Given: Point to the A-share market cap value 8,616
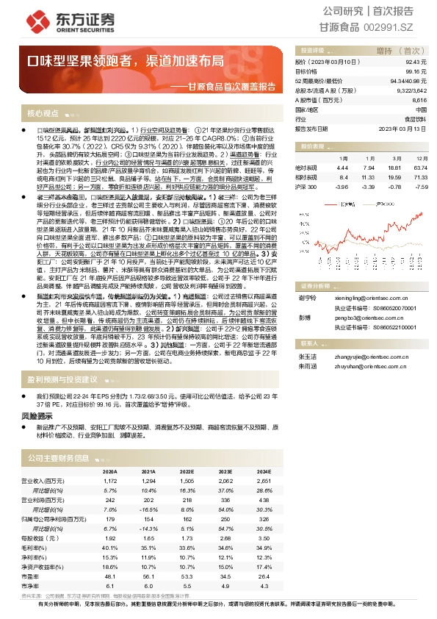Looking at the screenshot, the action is (x=419, y=99).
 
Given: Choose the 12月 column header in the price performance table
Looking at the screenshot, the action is (x=417, y=158).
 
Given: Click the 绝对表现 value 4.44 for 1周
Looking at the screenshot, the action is (x=342, y=168).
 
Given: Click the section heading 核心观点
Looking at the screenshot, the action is (x=43, y=114).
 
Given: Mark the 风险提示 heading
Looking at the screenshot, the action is (x=37, y=415).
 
